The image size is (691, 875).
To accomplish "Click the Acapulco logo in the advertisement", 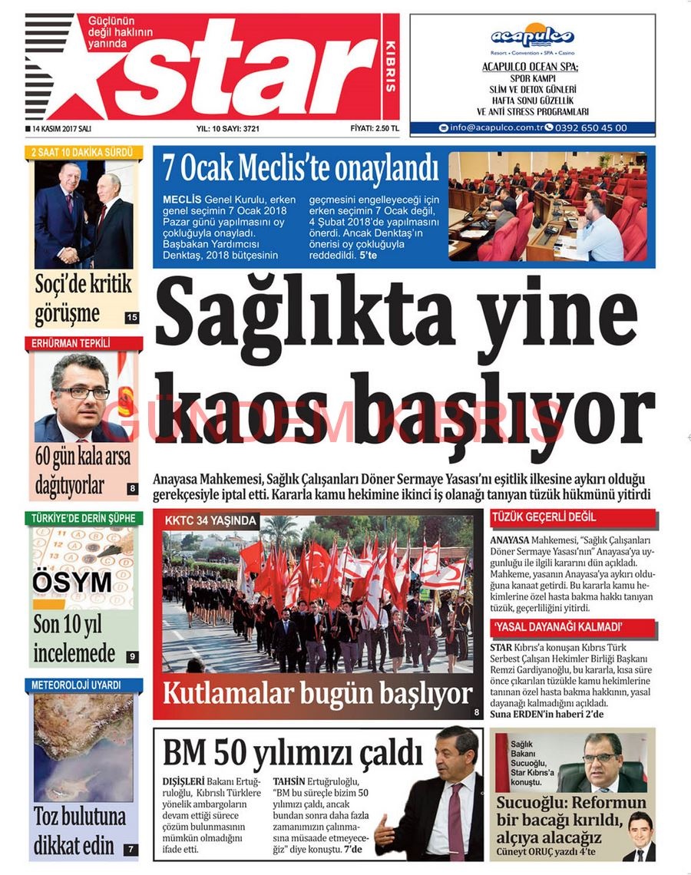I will (532, 36).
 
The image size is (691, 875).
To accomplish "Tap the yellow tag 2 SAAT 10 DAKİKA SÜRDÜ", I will (82, 152).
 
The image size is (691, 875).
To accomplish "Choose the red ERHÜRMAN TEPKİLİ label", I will (71, 342).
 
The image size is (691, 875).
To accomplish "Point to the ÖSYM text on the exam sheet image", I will (72, 583).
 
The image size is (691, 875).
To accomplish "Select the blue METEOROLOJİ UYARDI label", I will (75, 685).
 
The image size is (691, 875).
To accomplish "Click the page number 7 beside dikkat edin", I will (131, 849).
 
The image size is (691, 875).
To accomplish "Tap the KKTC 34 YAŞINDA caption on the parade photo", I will (210, 520).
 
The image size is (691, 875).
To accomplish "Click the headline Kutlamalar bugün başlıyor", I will (317, 694).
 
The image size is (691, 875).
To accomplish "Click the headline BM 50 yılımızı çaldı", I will (293, 751).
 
